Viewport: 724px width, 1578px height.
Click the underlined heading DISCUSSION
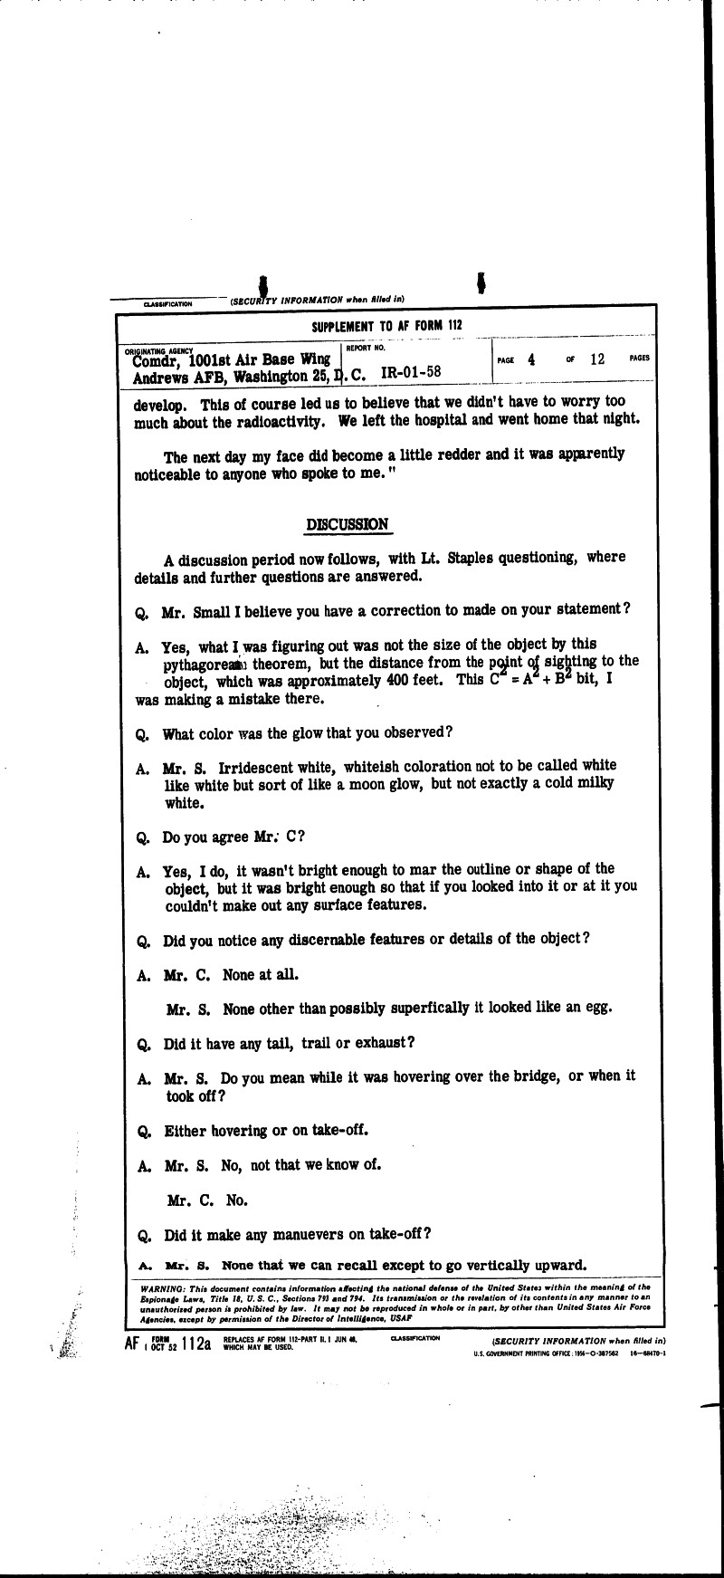(348, 524)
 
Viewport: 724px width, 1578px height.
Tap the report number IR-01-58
(412, 371)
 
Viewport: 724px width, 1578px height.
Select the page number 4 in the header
(531, 359)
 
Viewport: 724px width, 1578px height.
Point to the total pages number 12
(596, 359)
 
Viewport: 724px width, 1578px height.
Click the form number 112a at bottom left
(195, 1344)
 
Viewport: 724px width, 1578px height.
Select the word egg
(602, 1007)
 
